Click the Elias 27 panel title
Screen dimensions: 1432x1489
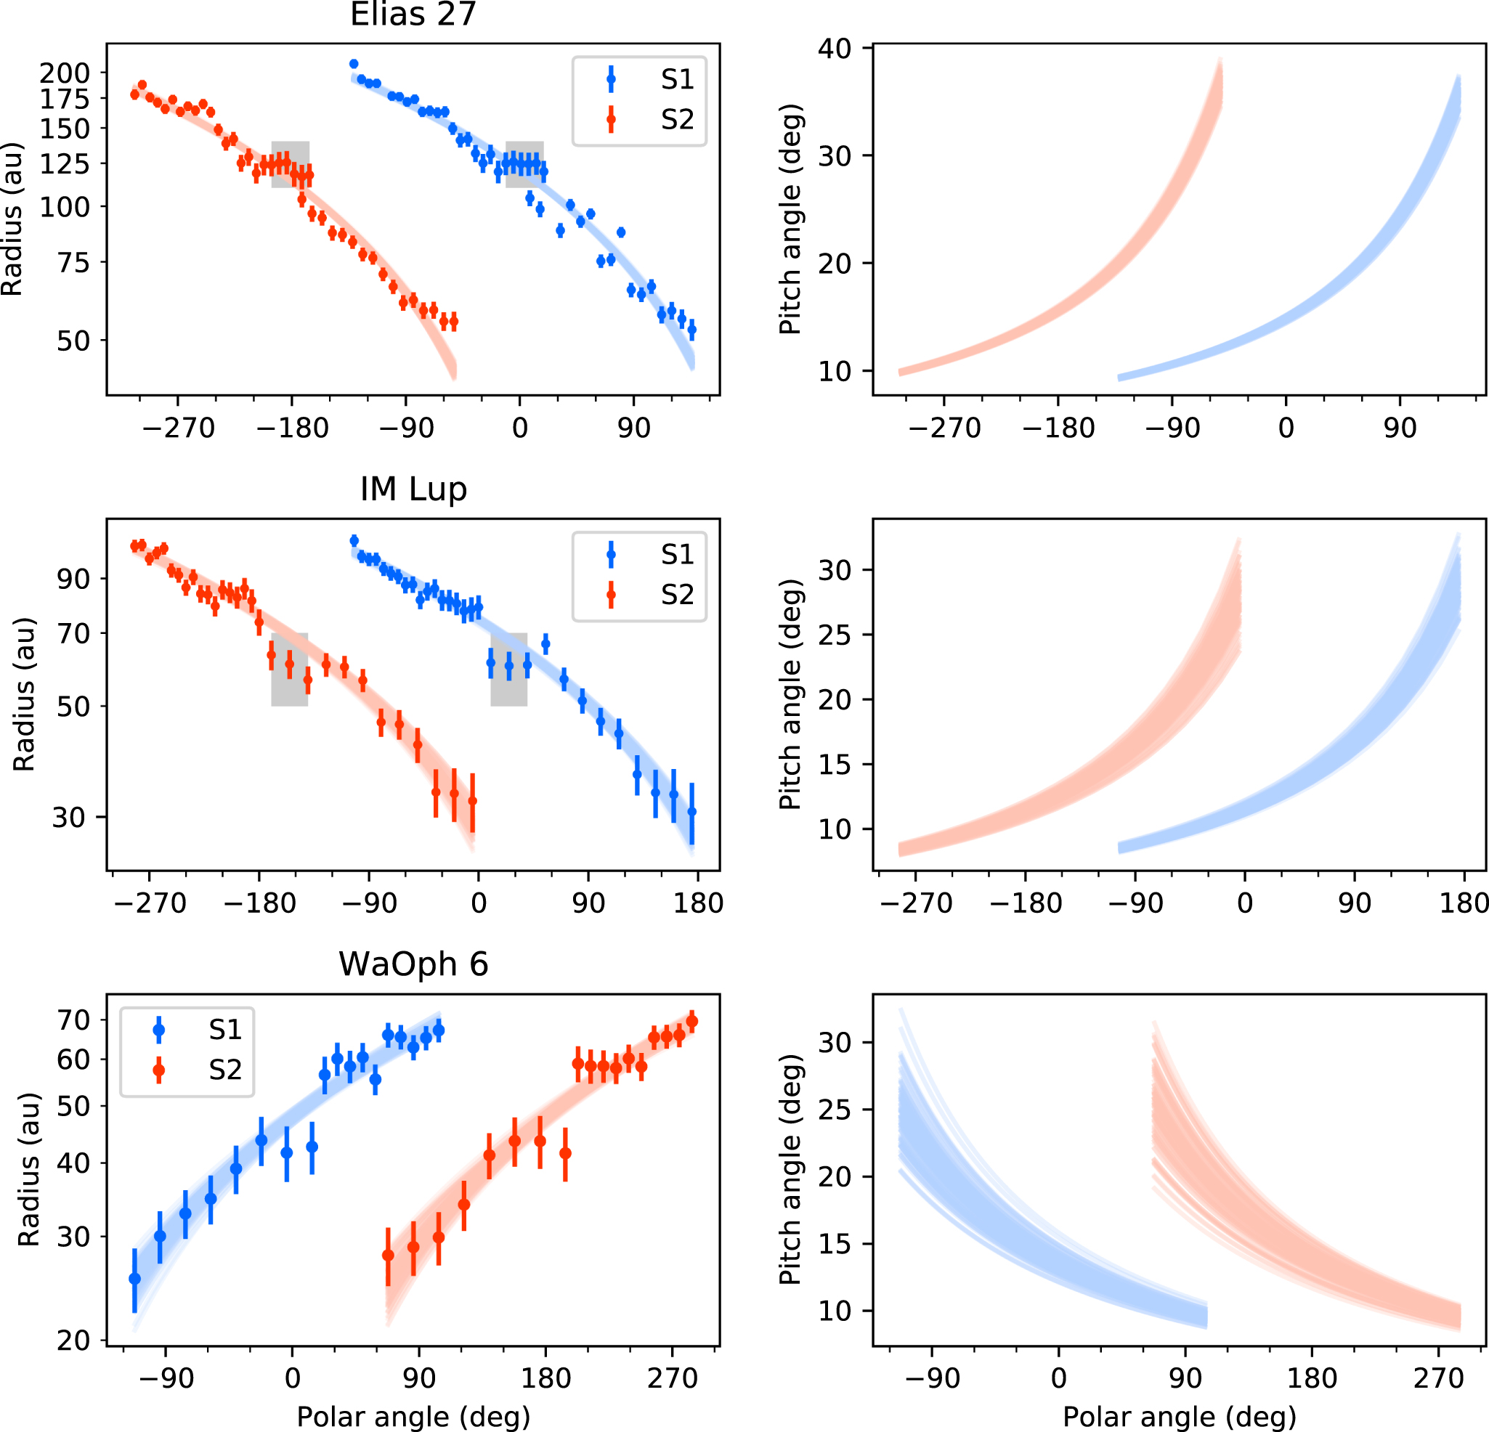413,15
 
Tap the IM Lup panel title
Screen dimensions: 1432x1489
413,489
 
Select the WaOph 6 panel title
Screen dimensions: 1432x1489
413,964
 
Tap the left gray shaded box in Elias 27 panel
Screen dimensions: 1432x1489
291,164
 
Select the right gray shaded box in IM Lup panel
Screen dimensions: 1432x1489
508,670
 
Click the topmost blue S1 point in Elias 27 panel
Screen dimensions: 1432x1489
353,64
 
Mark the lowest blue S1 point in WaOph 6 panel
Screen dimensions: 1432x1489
134,1280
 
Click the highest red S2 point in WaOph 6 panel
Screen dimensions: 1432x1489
691,1022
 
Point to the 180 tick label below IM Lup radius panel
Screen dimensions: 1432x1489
697,903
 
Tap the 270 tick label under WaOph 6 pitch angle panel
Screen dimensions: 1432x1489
1438,1378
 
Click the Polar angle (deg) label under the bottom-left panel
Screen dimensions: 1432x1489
413,1417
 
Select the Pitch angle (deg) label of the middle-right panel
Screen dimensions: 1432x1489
790,694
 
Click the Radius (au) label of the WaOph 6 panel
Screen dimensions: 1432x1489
29,1170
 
